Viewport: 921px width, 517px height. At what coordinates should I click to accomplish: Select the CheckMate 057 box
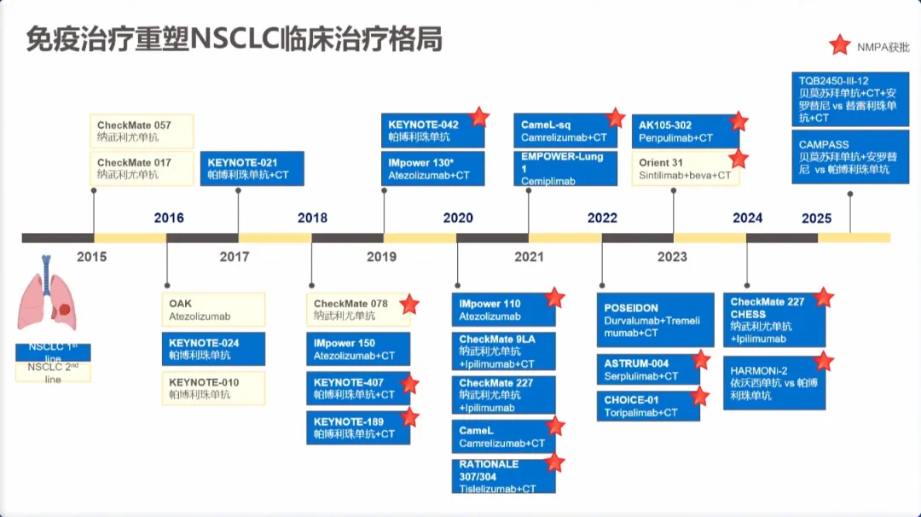click(x=142, y=131)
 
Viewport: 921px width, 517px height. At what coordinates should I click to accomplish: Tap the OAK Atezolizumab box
click(x=213, y=310)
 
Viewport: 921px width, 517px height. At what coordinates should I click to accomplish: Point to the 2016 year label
click(x=169, y=218)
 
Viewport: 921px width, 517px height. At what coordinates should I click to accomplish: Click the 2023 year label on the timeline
click(x=672, y=257)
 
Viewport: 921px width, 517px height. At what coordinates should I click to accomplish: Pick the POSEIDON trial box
click(x=655, y=320)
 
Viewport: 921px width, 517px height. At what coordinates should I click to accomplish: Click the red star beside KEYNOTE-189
click(x=410, y=417)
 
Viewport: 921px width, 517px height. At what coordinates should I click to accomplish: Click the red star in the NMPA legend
click(x=840, y=45)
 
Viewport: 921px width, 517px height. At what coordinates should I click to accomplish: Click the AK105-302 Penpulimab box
click(x=685, y=131)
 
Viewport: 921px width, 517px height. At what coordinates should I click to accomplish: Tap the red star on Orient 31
click(x=739, y=159)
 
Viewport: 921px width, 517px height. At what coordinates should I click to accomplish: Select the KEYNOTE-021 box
click(x=252, y=168)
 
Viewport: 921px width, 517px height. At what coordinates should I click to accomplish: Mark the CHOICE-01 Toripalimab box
click(x=648, y=406)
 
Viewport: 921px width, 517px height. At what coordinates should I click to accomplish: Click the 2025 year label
click(x=816, y=218)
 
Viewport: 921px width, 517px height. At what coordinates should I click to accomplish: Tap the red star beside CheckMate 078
click(x=410, y=304)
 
